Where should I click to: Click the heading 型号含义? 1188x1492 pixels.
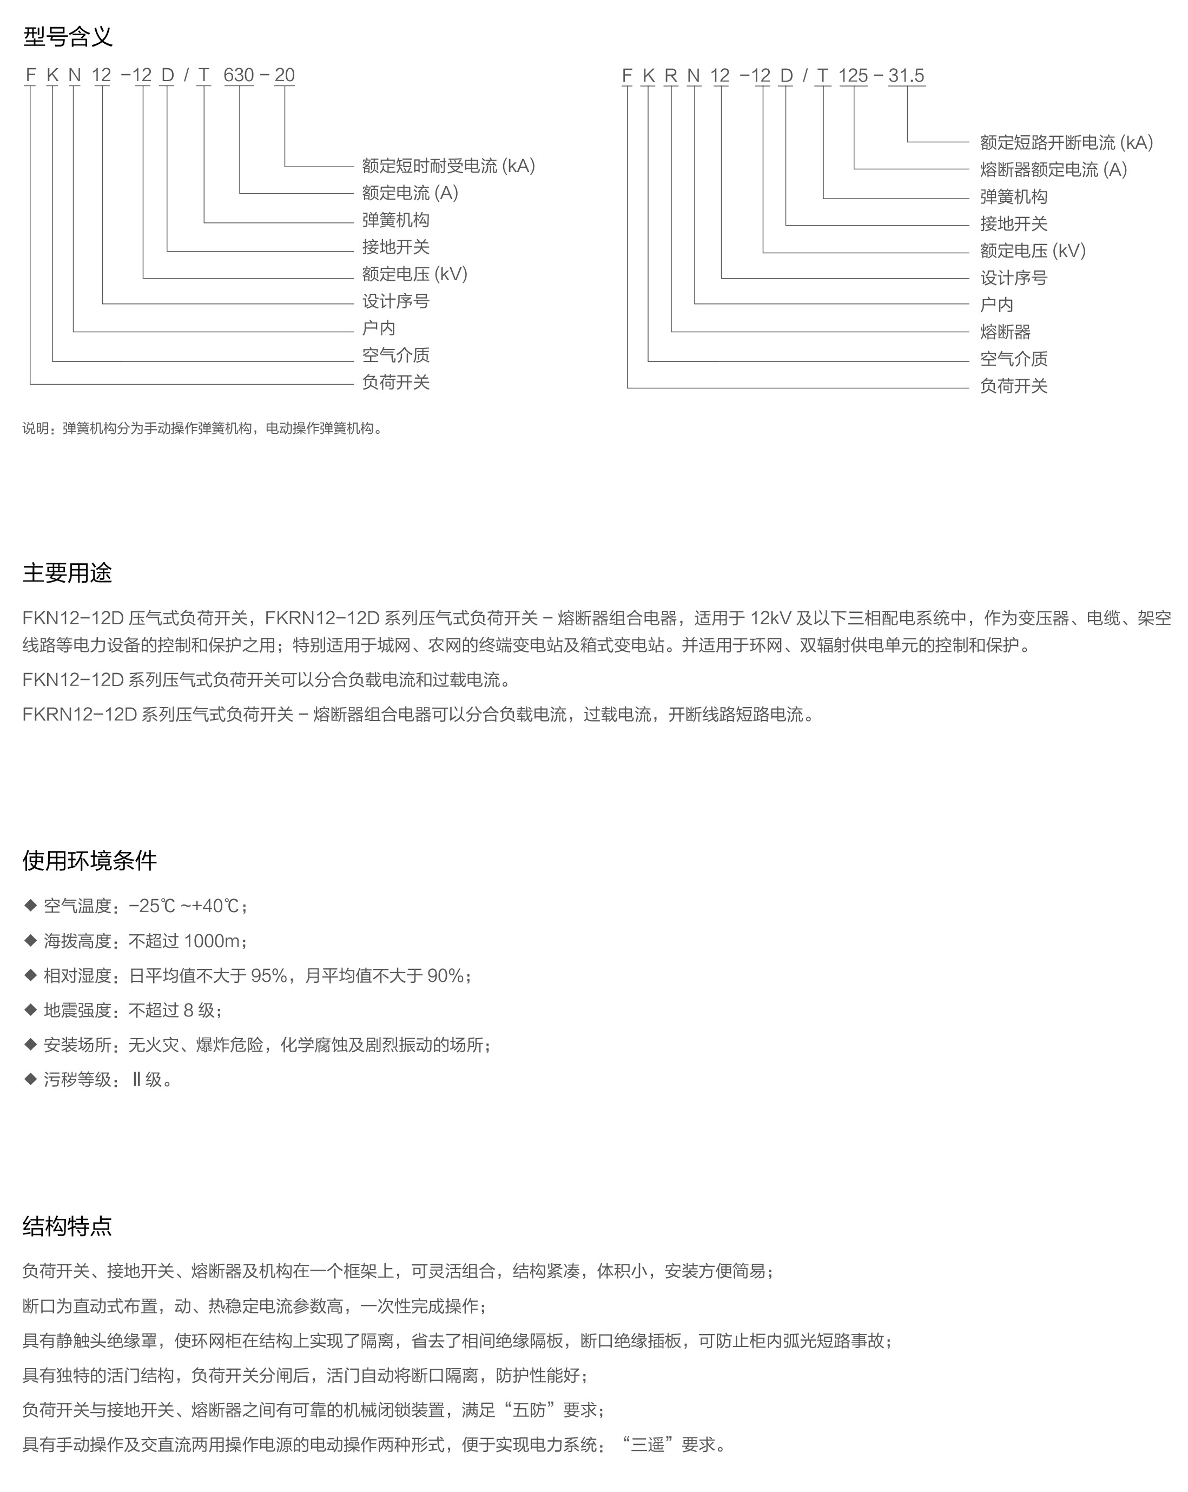click(67, 36)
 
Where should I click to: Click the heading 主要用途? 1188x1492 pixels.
click(67, 573)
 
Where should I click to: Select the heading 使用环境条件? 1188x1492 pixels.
click(89, 860)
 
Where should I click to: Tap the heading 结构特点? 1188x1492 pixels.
click(67, 1226)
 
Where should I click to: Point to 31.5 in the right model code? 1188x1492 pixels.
click(906, 75)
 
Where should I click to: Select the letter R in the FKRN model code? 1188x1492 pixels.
click(670, 75)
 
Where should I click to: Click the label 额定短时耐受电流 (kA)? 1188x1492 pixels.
click(448, 166)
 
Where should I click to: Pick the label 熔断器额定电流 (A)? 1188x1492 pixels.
click(1053, 169)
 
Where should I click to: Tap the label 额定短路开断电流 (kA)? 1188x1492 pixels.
click(1066, 143)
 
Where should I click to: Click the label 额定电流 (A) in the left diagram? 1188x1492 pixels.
click(410, 193)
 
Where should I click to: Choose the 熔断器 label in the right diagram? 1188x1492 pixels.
click(1005, 332)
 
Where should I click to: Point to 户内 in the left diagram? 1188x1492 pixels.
click(379, 328)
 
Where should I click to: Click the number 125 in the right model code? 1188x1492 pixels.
click(853, 75)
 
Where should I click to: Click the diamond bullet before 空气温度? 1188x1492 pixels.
click(30, 905)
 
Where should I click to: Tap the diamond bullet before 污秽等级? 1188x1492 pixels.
click(30, 1079)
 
